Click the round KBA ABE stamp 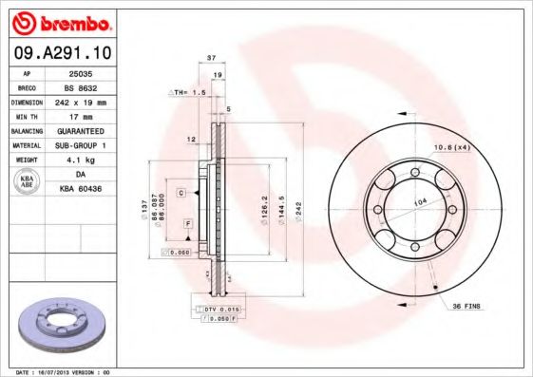[28, 182]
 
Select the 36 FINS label [466, 305]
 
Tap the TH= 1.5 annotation [187, 92]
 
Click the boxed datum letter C [180, 193]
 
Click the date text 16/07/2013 [63, 372]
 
